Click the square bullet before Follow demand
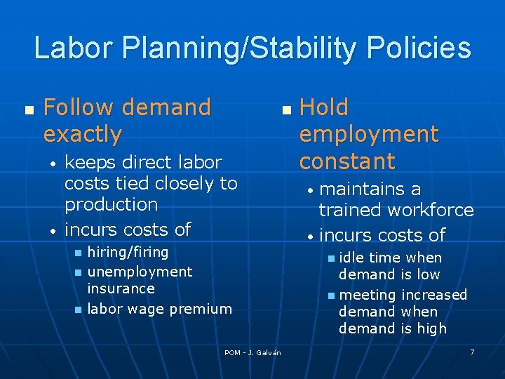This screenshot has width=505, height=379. tap(28, 111)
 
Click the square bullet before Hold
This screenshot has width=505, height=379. tap(285, 111)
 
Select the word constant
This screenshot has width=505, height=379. tap(347, 161)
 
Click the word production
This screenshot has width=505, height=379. tap(111, 205)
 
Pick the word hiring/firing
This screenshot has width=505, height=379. tap(128, 252)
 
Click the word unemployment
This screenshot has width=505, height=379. tap(140, 272)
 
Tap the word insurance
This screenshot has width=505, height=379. tap(121, 288)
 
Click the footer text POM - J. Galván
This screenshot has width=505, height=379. tap(252, 352)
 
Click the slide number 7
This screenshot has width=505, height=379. tap(472, 351)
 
